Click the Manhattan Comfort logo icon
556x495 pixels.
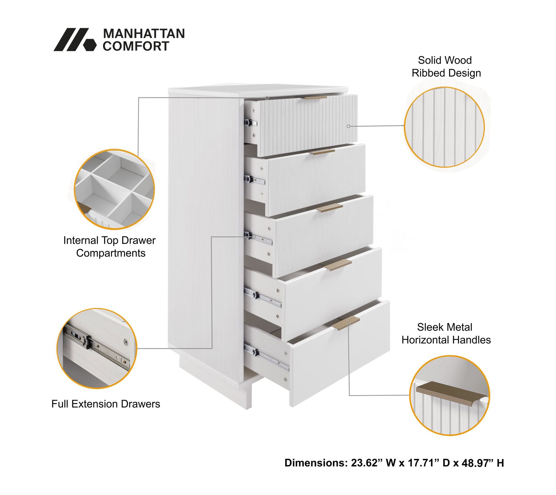pos(75,40)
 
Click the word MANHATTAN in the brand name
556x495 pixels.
pos(144,34)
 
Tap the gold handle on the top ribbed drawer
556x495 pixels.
pos(316,98)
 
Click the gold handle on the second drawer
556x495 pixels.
pos(323,152)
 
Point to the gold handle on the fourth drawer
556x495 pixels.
pos(337,265)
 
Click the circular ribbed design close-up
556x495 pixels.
pos(444,127)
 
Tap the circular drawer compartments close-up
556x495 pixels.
pos(114,189)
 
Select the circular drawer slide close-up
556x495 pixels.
pos(97,348)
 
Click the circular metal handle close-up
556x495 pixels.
pos(450,396)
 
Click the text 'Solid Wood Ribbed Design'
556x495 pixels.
pos(446,67)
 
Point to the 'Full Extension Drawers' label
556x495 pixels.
pos(106,404)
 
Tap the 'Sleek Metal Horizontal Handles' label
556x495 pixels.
pos(446,334)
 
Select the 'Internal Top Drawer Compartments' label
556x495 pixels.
pos(110,247)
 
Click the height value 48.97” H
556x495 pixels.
pos(483,463)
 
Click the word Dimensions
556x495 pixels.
pos(316,463)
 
